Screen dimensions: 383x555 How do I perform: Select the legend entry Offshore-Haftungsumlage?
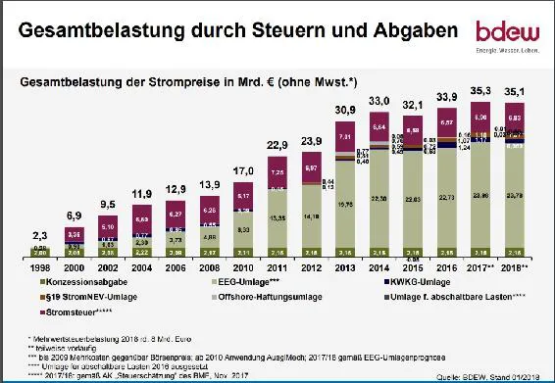coord(245,296)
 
